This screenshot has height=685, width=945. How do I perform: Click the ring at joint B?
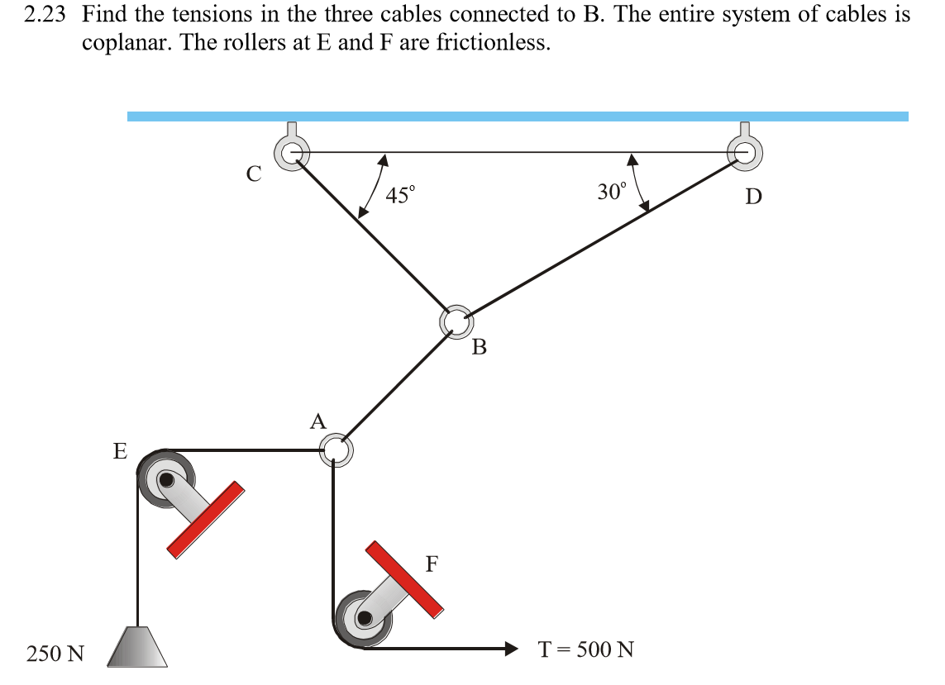[x=455, y=321]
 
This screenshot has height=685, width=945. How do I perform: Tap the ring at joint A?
[x=336, y=450]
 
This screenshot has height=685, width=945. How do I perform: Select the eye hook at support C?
[x=293, y=151]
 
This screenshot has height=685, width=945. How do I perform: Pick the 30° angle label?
[x=612, y=193]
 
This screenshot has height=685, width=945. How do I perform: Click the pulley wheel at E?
[x=168, y=479]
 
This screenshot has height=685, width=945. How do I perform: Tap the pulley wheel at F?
[x=364, y=616]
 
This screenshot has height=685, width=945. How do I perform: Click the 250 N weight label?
[x=55, y=654]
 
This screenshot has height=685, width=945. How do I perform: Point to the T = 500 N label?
[x=586, y=649]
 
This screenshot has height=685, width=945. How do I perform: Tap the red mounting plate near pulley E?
[x=206, y=518]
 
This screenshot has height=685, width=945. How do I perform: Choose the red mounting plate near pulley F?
[x=404, y=578]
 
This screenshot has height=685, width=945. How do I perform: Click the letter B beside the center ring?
[x=479, y=347]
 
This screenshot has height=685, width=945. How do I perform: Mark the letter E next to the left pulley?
[x=121, y=451]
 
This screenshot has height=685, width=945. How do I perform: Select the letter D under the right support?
[x=753, y=197]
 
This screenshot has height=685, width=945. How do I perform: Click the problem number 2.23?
[x=45, y=15]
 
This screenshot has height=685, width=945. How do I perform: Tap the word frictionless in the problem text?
[x=492, y=42]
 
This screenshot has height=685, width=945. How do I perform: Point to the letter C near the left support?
[x=254, y=174]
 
